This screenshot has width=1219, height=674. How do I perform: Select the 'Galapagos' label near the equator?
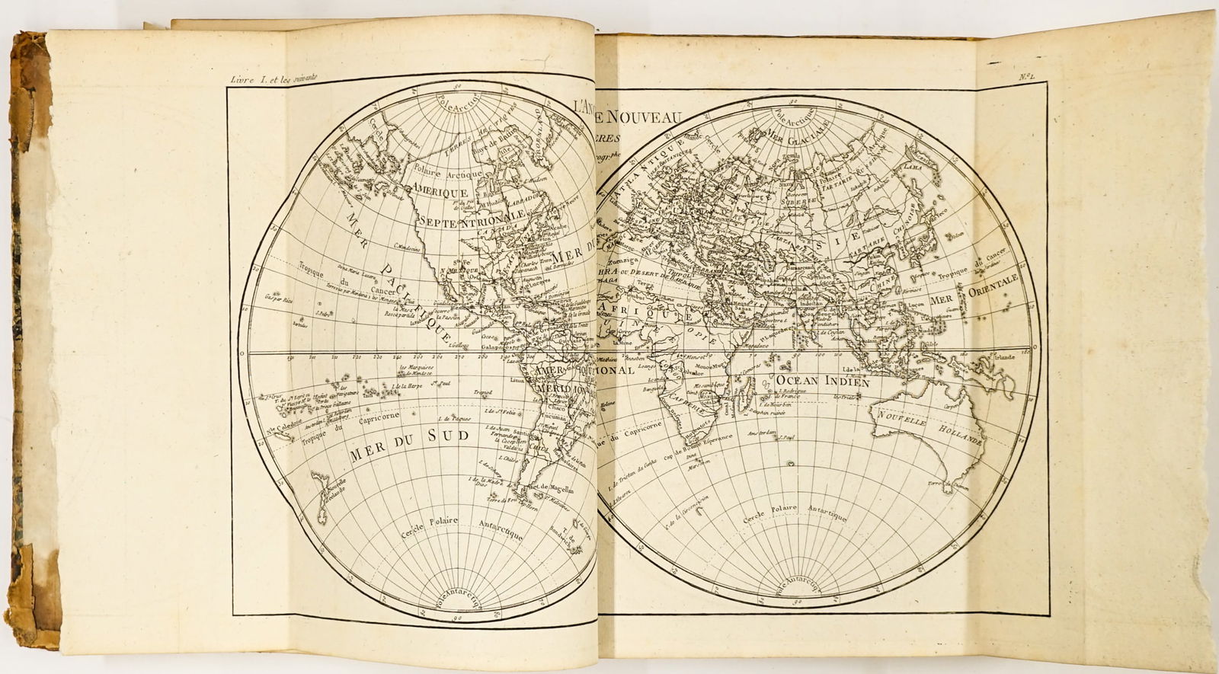(x=499, y=347)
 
